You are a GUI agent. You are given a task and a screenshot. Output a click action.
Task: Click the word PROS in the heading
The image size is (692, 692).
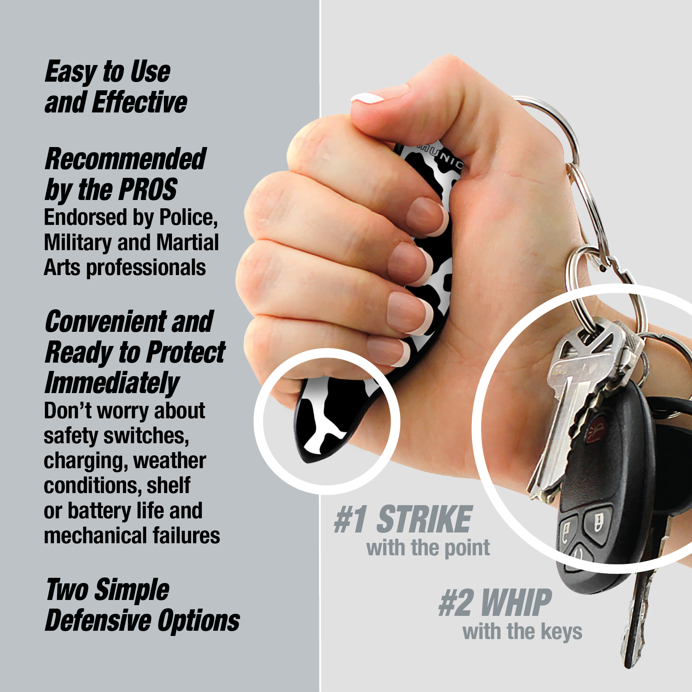pos(148,190)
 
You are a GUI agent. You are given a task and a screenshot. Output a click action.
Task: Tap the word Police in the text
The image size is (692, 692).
pos(188,217)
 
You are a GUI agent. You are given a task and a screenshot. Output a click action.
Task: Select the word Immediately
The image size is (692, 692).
pos(112,383)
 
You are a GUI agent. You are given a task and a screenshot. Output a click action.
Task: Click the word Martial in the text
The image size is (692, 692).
pos(187,243)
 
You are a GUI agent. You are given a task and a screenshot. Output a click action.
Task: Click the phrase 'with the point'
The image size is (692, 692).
pos(428,548)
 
